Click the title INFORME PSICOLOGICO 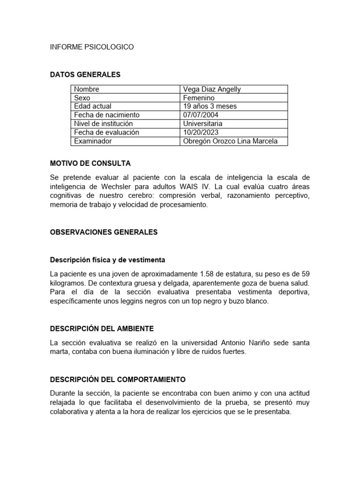(92, 47)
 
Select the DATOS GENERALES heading (85, 75)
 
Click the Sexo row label (82, 98)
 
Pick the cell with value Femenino (199, 98)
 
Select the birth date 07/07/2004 (201, 115)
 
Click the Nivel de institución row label (103, 124)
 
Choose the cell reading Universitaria (203, 124)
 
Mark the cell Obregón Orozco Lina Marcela (230, 141)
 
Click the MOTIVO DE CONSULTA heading (90, 164)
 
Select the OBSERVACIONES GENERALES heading (104, 232)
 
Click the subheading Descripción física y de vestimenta (107, 260)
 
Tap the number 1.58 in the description (207, 274)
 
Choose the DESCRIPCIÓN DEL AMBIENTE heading (102, 329)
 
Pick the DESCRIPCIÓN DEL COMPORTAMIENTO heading (118, 379)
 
